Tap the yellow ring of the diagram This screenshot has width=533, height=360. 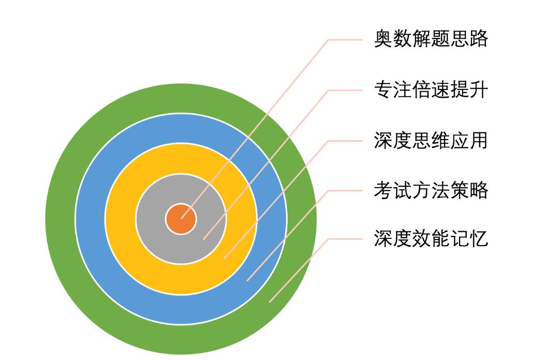121,219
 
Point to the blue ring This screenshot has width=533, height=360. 91,219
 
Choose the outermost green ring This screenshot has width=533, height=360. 61,219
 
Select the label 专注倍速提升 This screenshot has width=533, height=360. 431,90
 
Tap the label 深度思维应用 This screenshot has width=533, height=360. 431,140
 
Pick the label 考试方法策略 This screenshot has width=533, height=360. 431,190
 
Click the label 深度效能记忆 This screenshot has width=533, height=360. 431,238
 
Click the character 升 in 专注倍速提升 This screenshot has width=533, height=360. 479,90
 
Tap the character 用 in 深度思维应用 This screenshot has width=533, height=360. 479,140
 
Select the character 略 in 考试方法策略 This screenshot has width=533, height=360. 479,190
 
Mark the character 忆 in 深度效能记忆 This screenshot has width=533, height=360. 479,238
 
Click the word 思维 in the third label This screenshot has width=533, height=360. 431,140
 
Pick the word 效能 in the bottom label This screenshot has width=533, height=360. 431,238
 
